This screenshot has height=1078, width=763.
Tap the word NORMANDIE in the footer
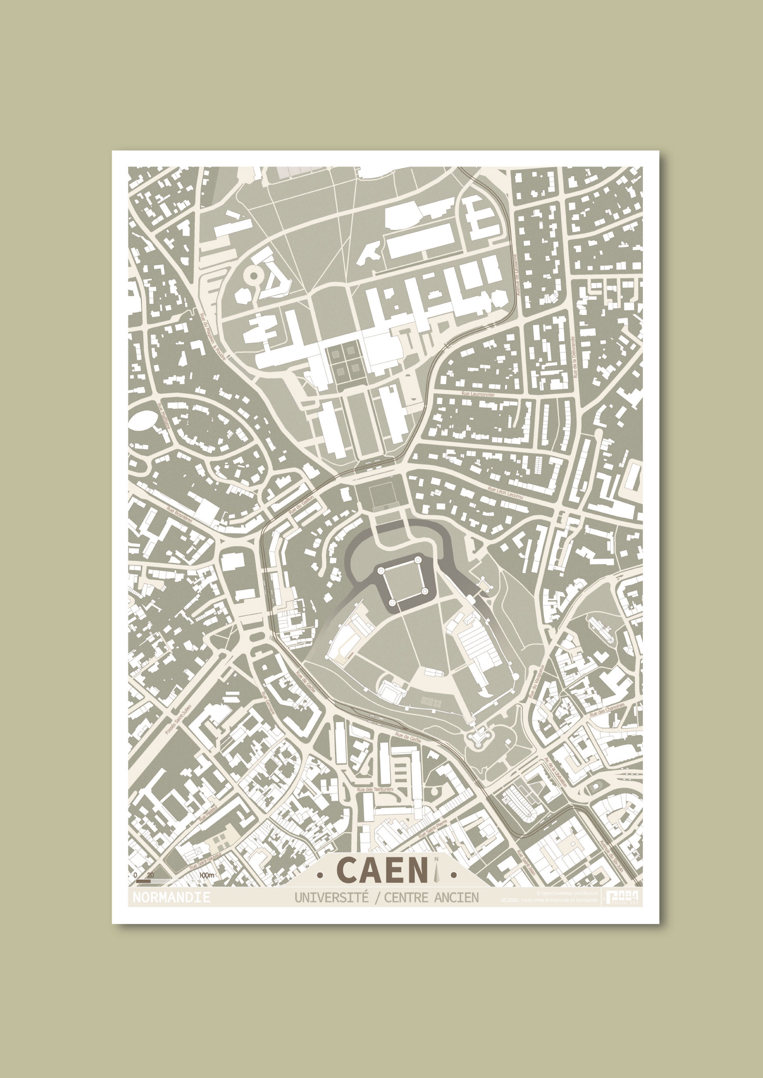171,897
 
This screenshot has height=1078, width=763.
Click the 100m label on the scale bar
207,875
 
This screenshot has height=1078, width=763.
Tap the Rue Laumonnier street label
478,395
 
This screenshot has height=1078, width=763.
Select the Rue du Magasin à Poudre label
213,336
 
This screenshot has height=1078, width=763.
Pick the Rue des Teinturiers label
375,789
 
